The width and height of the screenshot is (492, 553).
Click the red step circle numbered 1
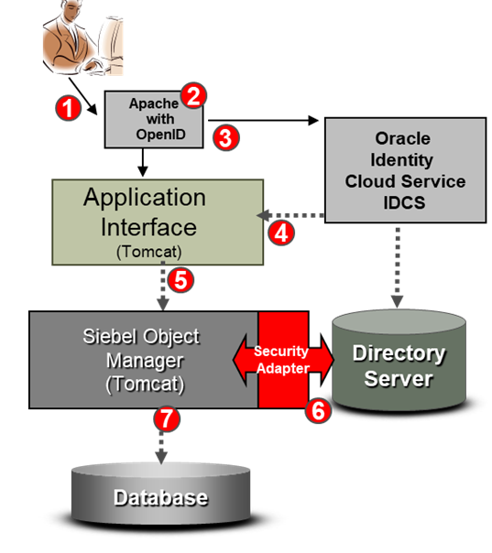pos(68,108)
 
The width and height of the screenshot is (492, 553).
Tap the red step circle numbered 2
pos(193,95)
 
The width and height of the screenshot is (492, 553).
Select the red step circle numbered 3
pos(226,137)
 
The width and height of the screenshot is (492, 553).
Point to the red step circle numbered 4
pos(281,233)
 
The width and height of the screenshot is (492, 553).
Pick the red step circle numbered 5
pos(180,280)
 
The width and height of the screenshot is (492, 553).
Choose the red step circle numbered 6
pos(318,410)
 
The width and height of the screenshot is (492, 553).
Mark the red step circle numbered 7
pos(167,418)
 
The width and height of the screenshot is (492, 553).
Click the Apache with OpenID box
pos(154,120)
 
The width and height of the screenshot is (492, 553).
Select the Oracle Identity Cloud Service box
pos(405,170)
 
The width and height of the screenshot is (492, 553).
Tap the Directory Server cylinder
pos(399,360)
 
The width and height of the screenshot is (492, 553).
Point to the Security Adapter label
pos(281,360)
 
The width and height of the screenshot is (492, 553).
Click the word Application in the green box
pos(145,198)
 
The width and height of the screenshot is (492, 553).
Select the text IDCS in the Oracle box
pos(404,202)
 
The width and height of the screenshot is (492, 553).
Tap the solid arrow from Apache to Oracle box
pos(263,121)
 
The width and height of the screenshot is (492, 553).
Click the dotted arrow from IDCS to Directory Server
pos(398,268)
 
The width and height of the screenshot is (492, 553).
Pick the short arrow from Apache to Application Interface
pos(143,163)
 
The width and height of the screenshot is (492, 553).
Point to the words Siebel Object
pos(141,336)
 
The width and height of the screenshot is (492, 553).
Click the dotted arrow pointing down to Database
pos(161,447)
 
